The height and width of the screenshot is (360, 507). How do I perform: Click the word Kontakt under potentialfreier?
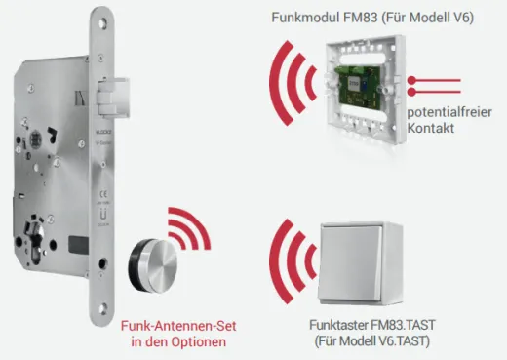tap(435, 131)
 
